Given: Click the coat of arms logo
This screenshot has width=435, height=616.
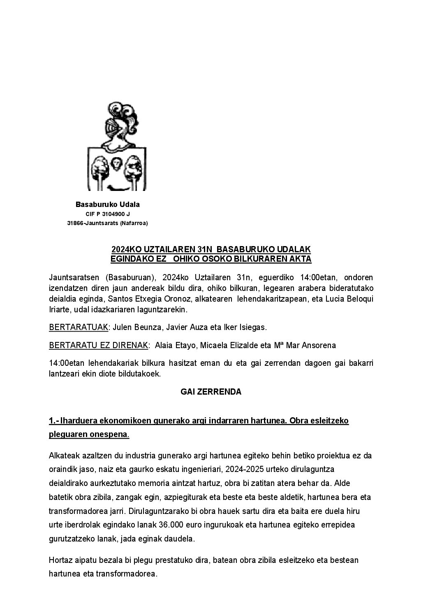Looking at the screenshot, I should click(117, 146).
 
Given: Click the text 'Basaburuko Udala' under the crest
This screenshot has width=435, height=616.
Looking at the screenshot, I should click(108, 205).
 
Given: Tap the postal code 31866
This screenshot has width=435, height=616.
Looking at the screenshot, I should click(75, 223).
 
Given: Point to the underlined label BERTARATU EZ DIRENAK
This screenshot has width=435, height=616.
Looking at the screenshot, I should click(98, 345).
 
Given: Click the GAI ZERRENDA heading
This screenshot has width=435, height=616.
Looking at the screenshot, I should click(211, 392).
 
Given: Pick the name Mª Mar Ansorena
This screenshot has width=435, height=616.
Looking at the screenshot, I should click(305, 345).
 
